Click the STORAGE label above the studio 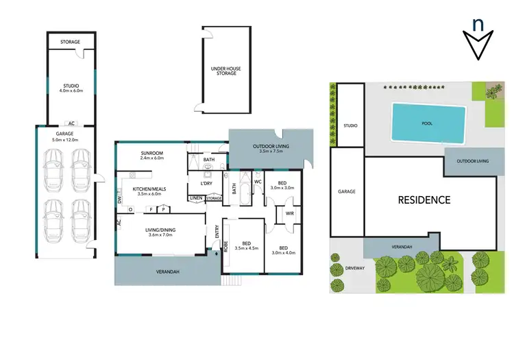(x=70, y=42)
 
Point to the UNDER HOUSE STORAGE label (x=223, y=71)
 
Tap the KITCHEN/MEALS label (x=149, y=191)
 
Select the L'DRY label (x=206, y=184)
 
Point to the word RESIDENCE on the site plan (x=425, y=200)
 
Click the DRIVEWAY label (x=354, y=267)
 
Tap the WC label (x=258, y=182)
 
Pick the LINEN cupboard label (x=196, y=198)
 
